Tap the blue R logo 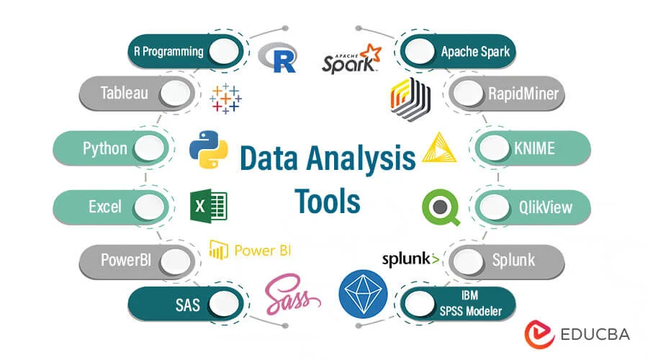point(278,58)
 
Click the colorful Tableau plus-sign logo point(226,99)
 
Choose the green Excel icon point(209,207)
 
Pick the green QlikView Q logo point(441,207)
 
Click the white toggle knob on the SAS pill point(222,303)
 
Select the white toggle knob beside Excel point(149,207)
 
